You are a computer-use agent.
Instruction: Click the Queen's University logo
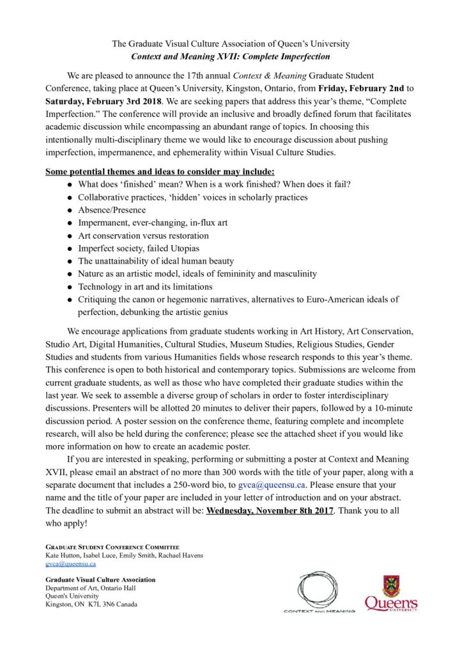point(392,593)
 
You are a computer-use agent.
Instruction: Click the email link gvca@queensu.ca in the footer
point(70,564)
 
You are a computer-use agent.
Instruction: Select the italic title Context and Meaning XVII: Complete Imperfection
point(231,56)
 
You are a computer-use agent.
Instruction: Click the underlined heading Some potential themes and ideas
point(160,172)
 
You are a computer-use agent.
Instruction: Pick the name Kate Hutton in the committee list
point(63,556)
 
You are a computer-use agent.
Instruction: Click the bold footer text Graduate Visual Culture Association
point(100,580)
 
